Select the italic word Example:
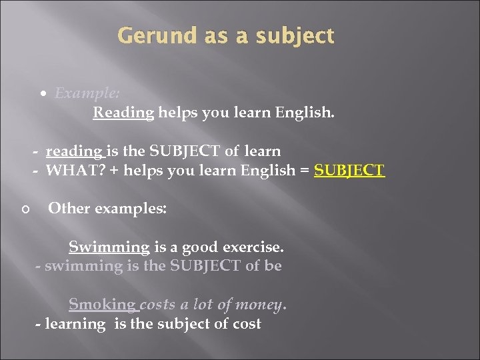[x=83, y=93]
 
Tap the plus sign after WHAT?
[x=115, y=170]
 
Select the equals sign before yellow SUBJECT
[x=304, y=170]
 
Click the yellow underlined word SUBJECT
[x=349, y=170]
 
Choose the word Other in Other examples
[x=68, y=208]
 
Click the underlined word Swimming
[x=109, y=247]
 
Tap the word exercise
[x=257, y=247]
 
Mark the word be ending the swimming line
[x=273, y=266]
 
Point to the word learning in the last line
[x=75, y=325]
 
